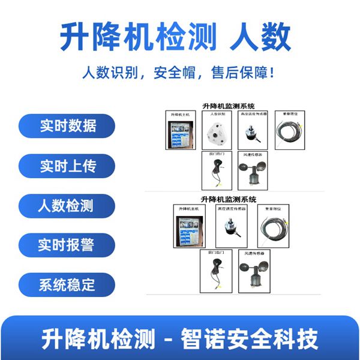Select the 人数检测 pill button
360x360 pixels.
coord(65,206)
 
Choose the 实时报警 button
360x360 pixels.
coord(65,245)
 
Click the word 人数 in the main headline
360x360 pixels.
coord(260,37)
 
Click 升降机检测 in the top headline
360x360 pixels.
coord(138,37)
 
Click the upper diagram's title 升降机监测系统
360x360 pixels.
coord(228,106)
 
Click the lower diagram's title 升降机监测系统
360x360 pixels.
coord(228,199)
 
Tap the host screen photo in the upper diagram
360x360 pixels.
coord(178,133)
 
